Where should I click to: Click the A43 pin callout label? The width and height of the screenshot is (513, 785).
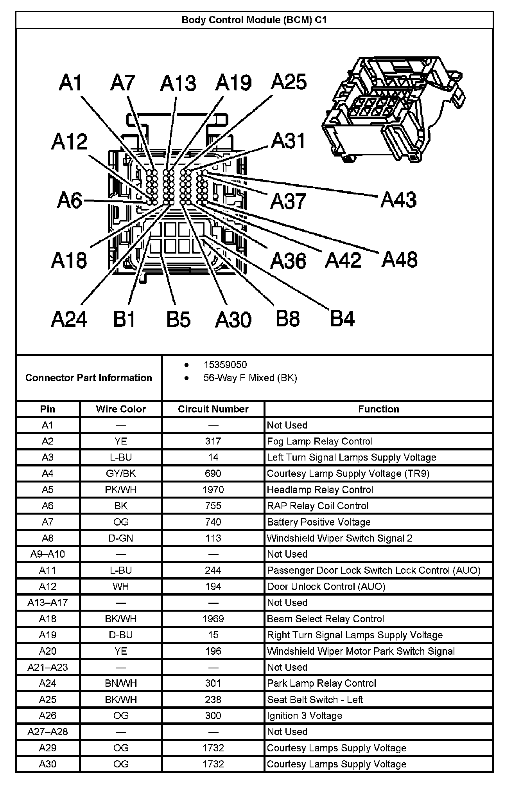398,200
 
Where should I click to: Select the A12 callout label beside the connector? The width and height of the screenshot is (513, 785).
70,142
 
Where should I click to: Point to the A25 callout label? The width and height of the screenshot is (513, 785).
289,82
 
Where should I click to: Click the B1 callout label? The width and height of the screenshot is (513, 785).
124,319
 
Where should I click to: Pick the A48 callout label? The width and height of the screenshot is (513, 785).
400,260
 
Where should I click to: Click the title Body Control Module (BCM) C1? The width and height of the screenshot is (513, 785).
254,20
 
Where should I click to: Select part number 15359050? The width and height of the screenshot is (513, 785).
225,365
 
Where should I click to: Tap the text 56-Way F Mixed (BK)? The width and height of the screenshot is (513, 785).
250,378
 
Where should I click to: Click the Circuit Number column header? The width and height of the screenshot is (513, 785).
213,409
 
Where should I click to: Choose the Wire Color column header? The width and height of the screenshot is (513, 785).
121,409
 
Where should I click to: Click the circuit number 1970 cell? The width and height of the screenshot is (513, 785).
213,490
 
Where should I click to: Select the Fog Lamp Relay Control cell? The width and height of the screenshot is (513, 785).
320,441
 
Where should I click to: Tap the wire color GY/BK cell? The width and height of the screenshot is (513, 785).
121,474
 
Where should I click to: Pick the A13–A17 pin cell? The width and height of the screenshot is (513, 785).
48,603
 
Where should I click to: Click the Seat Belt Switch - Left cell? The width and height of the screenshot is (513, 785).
315,699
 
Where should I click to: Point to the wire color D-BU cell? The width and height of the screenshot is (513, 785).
121,635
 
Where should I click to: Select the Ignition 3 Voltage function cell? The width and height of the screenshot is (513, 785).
305,716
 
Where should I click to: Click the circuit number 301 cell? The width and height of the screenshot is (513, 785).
213,683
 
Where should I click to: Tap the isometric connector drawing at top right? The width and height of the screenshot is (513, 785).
393,110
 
